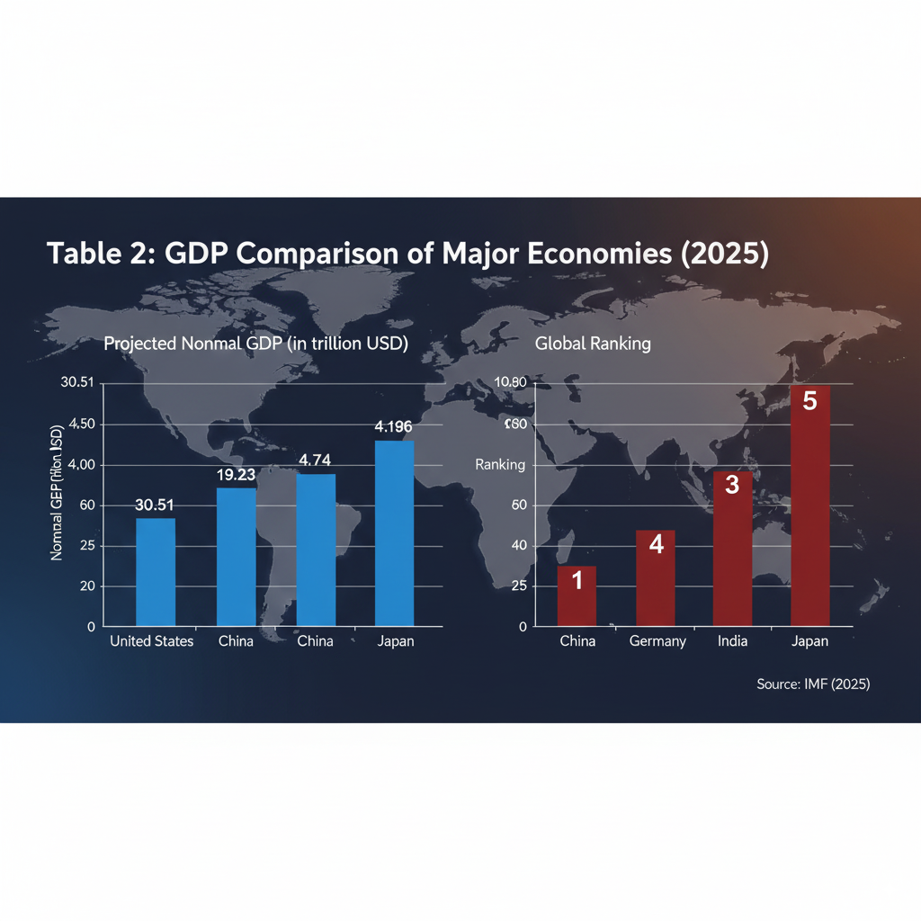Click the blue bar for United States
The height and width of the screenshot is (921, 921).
click(156, 571)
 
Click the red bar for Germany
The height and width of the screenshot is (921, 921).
click(656, 577)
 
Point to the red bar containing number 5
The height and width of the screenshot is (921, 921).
click(809, 505)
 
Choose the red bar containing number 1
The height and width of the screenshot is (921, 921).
click(577, 595)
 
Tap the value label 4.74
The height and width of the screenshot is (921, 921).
click(316, 460)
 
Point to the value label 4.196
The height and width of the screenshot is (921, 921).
click(394, 426)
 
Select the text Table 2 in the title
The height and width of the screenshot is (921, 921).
click(96, 254)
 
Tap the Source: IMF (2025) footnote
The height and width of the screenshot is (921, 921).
click(813, 684)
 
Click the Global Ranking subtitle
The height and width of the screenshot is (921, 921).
click(593, 344)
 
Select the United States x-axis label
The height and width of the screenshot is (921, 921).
click(151, 641)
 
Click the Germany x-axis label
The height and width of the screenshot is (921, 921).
click(657, 641)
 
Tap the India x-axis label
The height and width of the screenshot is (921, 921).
click(732, 641)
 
